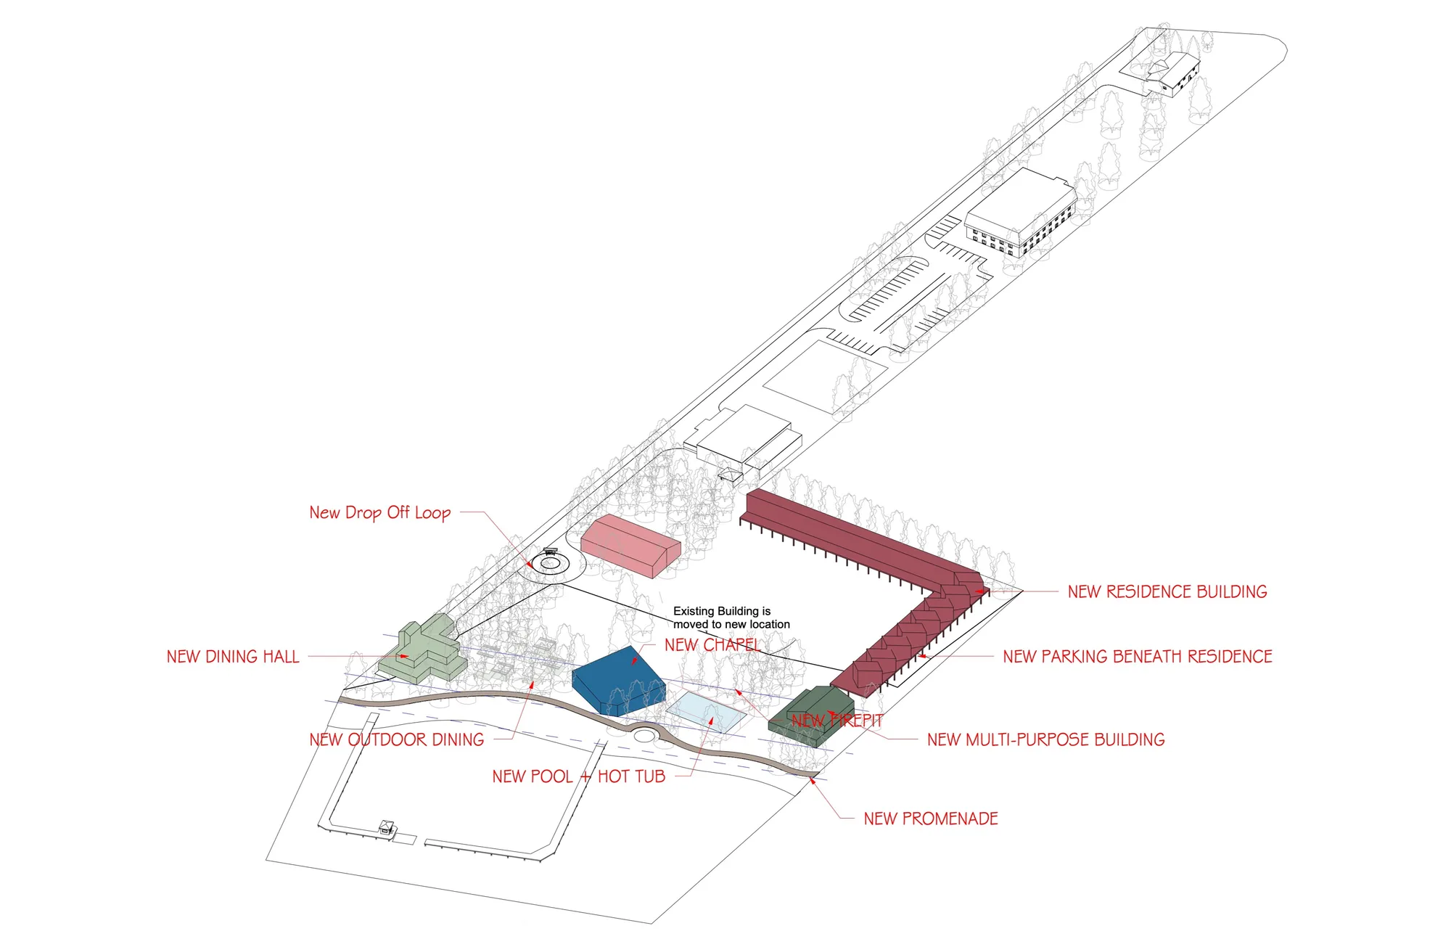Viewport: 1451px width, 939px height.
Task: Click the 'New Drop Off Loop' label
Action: tap(379, 512)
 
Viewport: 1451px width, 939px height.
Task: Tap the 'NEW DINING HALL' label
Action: tap(233, 657)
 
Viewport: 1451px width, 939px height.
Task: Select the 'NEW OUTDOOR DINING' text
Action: tap(396, 739)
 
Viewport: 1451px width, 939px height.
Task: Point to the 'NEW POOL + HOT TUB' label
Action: tap(578, 776)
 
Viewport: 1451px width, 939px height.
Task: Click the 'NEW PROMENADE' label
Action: tap(930, 819)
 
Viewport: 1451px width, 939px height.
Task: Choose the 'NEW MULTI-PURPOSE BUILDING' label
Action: tap(1045, 739)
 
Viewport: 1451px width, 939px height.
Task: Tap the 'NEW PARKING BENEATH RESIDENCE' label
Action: tap(1137, 657)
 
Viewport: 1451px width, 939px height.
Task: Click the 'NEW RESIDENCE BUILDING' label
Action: tap(1167, 591)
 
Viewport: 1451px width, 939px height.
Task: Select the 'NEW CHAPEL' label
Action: tap(712, 644)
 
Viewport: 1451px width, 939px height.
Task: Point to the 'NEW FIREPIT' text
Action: tap(837, 721)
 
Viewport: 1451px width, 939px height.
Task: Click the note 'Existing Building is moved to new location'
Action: tap(731, 618)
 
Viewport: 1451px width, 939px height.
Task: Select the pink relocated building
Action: tap(630, 545)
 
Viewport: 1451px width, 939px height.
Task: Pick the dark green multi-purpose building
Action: tap(811, 715)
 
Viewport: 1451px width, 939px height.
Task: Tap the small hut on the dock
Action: tap(386, 827)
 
